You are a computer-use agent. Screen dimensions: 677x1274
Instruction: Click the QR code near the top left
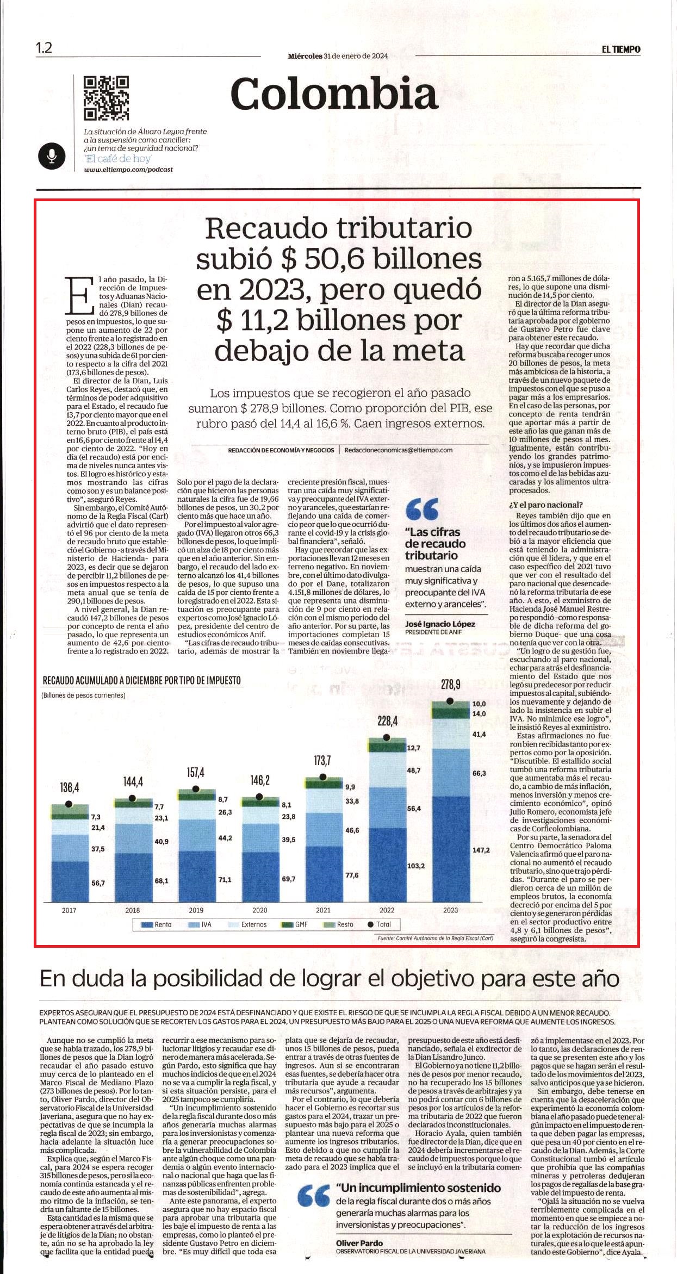[x=106, y=97]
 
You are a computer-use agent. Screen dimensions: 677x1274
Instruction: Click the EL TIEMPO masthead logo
[x=620, y=49]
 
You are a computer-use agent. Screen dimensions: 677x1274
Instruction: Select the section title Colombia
[x=334, y=94]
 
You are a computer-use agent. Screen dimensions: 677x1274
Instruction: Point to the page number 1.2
[x=44, y=48]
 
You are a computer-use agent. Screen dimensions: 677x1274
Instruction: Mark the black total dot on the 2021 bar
[x=323, y=777]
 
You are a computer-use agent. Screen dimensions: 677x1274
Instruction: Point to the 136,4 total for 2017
[x=69, y=787]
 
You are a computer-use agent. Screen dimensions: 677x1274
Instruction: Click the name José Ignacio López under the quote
[x=440, y=624]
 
